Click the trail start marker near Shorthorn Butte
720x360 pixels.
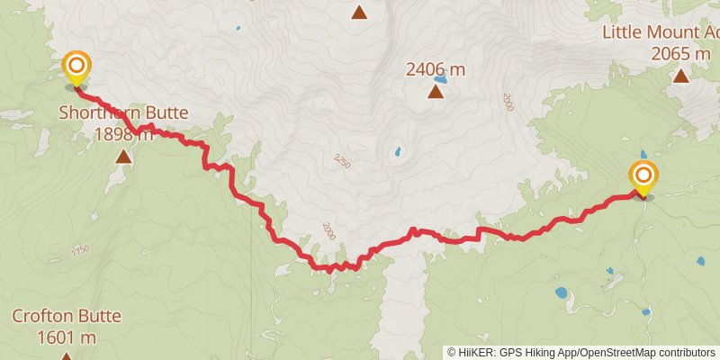[x=76, y=67]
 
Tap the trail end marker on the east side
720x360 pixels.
[x=643, y=175]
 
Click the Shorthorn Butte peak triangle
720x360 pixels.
[x=123, y=157]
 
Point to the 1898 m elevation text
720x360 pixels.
[x=123, y=134]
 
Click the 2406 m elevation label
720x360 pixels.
[x=436, y=68]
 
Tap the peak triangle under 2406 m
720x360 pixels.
[x=436, y=91]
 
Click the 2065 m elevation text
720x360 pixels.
[x=680, y=53]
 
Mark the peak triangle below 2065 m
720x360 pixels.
[x=680, y=76]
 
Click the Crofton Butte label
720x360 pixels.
[x=66, y=317]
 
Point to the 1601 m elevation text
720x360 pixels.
[x=66, y=337]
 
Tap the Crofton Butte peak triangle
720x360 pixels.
[x=66, y=356]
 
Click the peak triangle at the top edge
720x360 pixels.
[x=359, y=12]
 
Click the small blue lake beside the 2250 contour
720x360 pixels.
[x=396, y=152]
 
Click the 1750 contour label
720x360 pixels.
[x=80, y=250]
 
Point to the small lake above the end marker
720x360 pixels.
[x=642, y=154]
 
